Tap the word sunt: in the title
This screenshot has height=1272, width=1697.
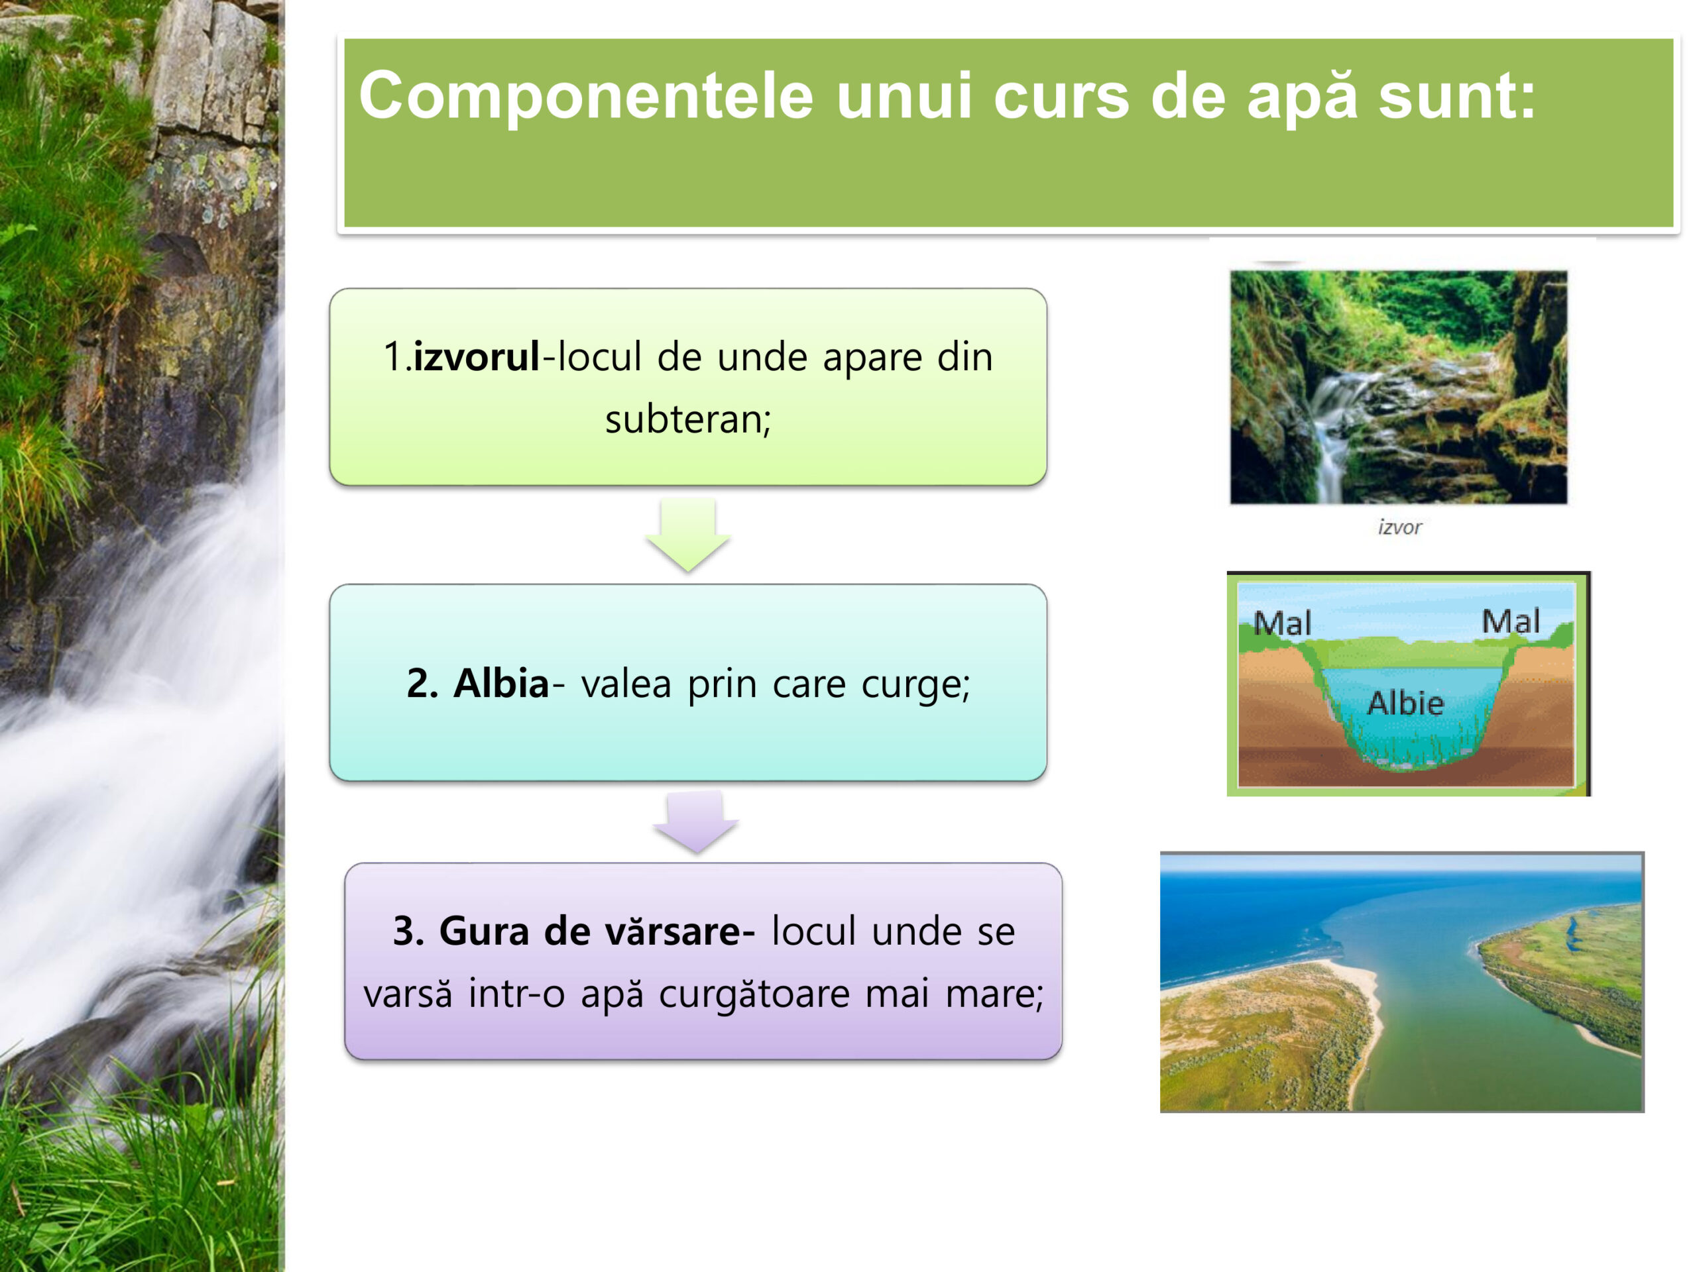[1457, 97]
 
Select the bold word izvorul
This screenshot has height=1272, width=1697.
[476, 356]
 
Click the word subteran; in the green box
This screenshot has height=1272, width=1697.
[688, 419]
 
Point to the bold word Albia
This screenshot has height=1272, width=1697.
[501, 682]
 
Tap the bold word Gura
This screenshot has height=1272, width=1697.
[483, 931]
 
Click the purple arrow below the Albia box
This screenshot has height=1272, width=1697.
[696, 821]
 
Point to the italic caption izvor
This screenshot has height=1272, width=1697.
[1399, 527]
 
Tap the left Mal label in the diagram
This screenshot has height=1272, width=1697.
[1283, 623]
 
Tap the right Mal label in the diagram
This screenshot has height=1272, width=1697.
[1511, 621]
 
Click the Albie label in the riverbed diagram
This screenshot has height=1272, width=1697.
[1405, 702]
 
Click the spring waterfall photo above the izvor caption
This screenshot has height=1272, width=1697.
[1399, 387]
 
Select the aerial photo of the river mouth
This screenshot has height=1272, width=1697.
[1401, 982]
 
